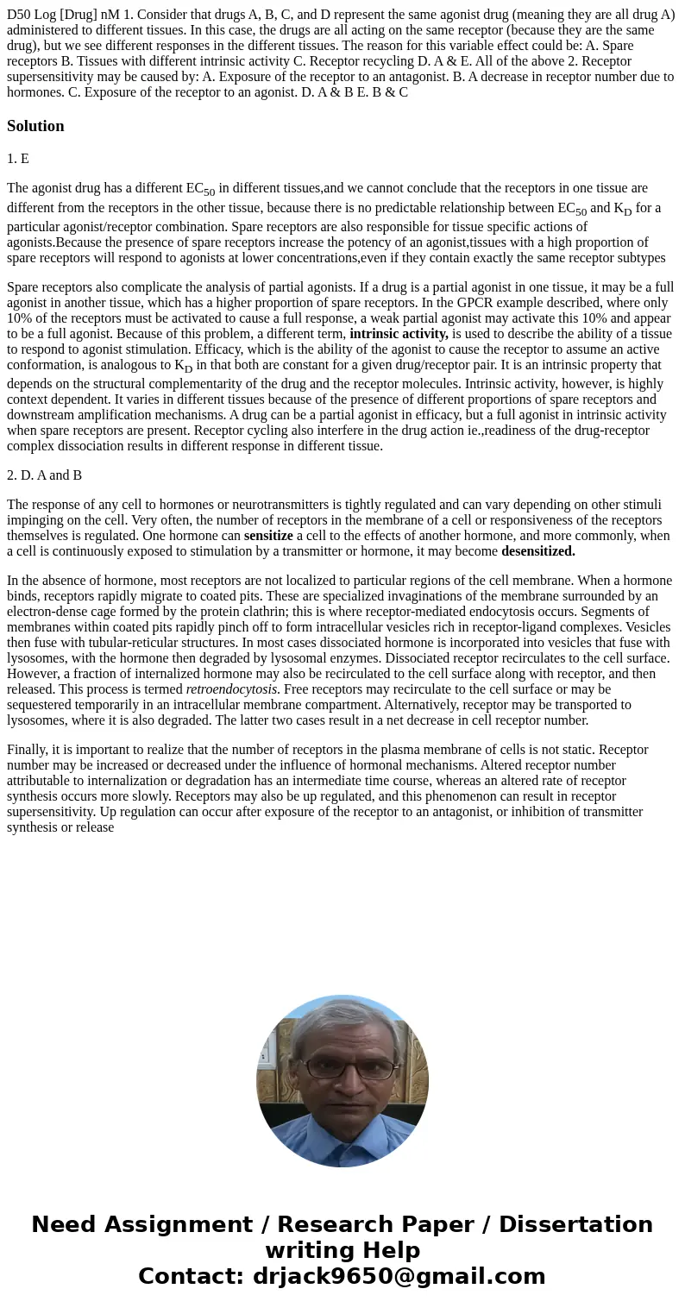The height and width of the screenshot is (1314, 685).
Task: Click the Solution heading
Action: [35, 126]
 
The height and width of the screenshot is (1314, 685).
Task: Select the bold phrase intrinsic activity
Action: [399, 334]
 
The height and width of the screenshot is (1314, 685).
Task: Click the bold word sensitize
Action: [268, 536]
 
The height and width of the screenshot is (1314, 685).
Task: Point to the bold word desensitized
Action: [537, 551]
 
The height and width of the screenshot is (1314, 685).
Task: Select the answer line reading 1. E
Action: [18, 159]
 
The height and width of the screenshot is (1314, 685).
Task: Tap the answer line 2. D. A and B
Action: [45, 475]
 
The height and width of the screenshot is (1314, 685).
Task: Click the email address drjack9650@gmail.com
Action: [399, 1276]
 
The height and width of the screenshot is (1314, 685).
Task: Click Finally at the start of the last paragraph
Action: [27, 750]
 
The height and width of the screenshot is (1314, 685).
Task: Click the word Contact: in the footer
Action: [192, 1276]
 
